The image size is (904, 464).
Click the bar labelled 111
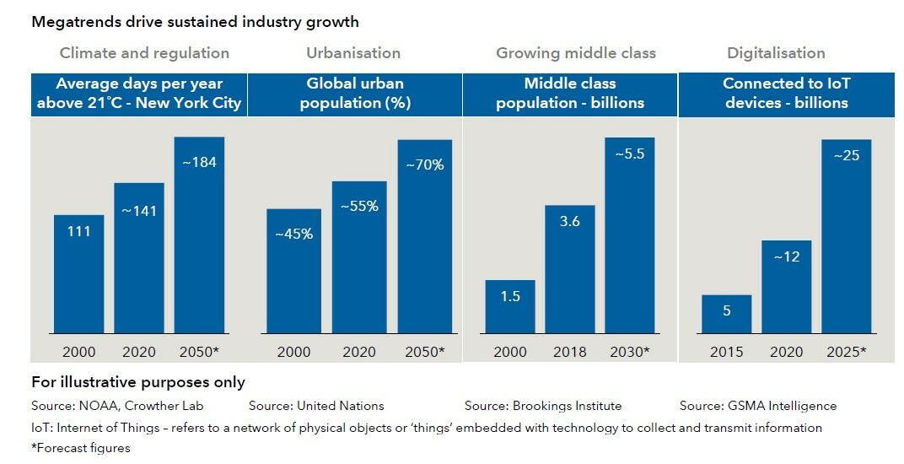(78, 273)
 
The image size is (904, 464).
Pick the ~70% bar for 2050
(425, 235)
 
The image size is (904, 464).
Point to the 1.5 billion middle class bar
(510, 306)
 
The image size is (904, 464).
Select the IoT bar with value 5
(726, 314)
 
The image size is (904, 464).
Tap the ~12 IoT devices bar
(786, 286)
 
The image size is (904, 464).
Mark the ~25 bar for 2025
(846, 235)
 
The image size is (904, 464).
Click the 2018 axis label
(570, 352)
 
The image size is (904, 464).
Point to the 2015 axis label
(726, 352)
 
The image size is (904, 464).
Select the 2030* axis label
(630, 352)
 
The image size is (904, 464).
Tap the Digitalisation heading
(776, 53)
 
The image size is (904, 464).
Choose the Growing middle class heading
(575, 53)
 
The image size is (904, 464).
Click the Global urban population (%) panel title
(354, 93)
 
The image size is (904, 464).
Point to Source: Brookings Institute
(542, 406)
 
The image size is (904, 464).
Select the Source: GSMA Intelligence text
(757, 406)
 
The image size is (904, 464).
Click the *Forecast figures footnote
(81, 448)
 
